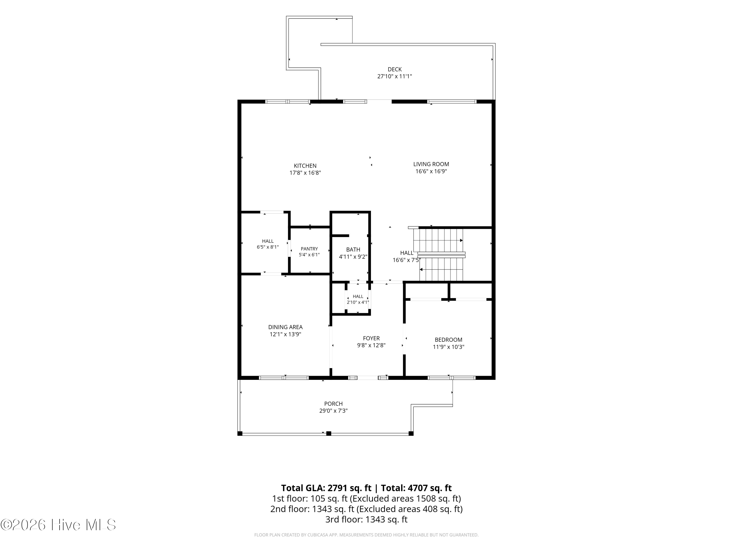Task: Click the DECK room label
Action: pyautogui.click(x=395, y=69)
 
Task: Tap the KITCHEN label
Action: pyautogui.click(x=305, y=166)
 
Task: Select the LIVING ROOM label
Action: pyautogui.click(x=431, y=164)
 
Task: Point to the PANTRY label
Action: pyautogui.click(x=309, y=249)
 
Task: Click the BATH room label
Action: pyautogui.click(x=353, y=250)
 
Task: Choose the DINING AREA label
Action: pyautogui.click(x=285, y=327)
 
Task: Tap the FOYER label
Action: pyautogui.click(x=371, y=338)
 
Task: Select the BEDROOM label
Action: pyautogui.click(x=448, y=340)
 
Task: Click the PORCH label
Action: pyautogui.click(x=333, y=404)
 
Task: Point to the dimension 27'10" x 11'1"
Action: pyautogui.click(x=395, y=76)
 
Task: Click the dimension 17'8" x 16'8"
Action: pyautogui.click(x=305, y=173)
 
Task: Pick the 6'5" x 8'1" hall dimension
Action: pyautogui.click(x=268, y=247)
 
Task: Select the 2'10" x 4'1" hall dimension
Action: pyautogui.click(x=358, y=302)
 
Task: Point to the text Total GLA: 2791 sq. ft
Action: pyautogui.click(x=326, y=488)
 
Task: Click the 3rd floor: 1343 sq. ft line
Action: pyautogui.click(x=366, y=519)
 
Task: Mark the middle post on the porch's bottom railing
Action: pyautogui.click(x=328, y=433)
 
